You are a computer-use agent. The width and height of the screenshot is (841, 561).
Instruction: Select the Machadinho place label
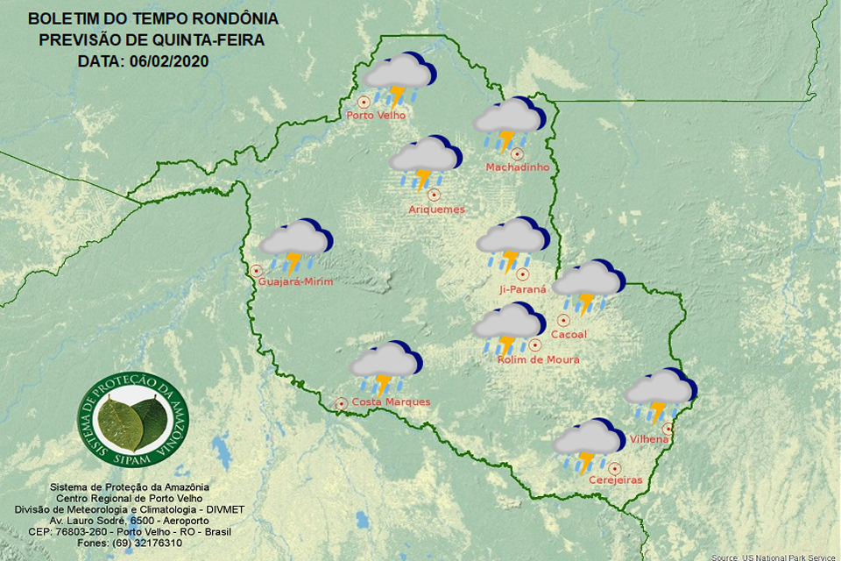(518, 167)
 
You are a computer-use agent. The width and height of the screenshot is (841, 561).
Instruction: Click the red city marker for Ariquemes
(433, 195)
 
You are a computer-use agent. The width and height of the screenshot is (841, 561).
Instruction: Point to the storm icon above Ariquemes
(425, 163)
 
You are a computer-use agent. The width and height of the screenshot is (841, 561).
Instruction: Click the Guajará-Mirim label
(294, 280)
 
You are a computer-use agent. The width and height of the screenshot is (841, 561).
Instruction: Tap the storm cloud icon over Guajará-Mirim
(295, 245)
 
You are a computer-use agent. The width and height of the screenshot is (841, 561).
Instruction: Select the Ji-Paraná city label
(522, 289)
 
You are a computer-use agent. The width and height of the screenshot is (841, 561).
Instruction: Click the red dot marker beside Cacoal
(563, 321)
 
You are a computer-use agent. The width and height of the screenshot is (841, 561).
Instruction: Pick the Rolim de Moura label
(538, 359)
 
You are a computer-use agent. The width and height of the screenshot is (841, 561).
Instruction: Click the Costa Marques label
(391, 402)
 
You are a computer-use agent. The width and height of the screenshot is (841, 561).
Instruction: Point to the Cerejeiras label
(616, 480)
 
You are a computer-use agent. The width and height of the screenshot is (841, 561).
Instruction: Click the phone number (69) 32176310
(150, 543)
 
